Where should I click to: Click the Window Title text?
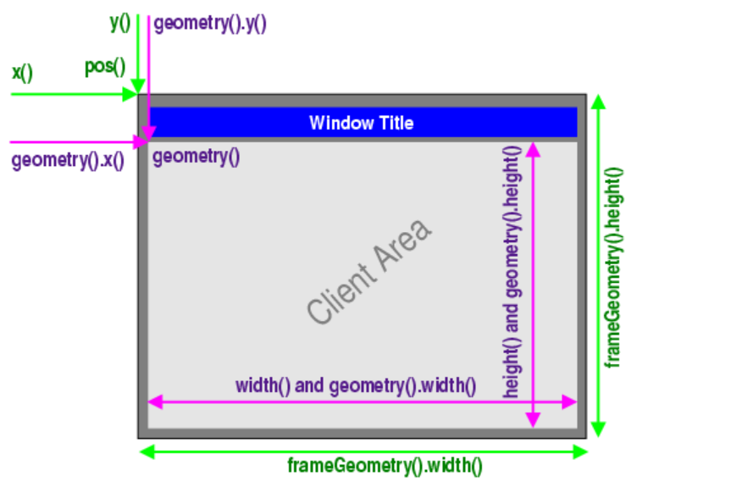click(x=362, y=123)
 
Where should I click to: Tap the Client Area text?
click(x=370, y=272)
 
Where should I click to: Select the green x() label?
click(x=22, y=72)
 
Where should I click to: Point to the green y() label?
click(x=120, y=23)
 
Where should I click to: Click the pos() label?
click(x=104, y=67)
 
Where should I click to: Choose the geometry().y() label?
click(x=210, y=24)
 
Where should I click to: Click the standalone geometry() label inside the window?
click(x=196, y=157)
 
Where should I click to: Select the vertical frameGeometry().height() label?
click(x=614, y=266)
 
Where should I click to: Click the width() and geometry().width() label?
click(x=356, y=386)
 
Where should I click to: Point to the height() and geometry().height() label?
click(x=512, y=271)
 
